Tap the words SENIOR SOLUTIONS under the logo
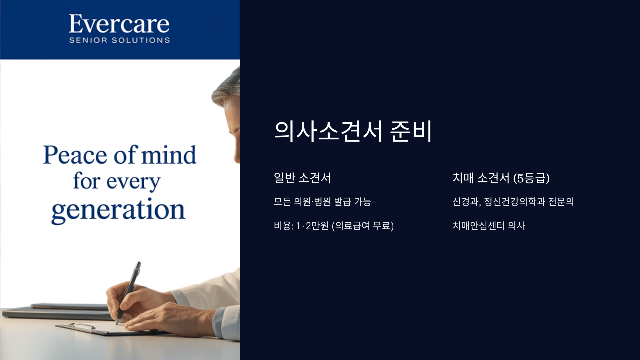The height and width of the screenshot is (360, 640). [x=119, y=40]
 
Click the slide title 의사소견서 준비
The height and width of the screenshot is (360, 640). [x=353, y=131]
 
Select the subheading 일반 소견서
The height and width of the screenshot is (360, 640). [x=302, y=178]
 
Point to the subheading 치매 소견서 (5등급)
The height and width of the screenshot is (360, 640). [x=501, y=178]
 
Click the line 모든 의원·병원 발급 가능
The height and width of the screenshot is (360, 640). [x=322, y=202]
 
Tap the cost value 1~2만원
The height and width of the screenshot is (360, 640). [x=312, y=226]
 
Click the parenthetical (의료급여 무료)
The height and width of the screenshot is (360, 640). [x=363, y=226]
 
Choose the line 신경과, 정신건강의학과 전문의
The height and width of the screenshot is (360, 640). [x=513, y=202]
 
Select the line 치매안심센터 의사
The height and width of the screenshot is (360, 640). [x=489, y=226]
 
